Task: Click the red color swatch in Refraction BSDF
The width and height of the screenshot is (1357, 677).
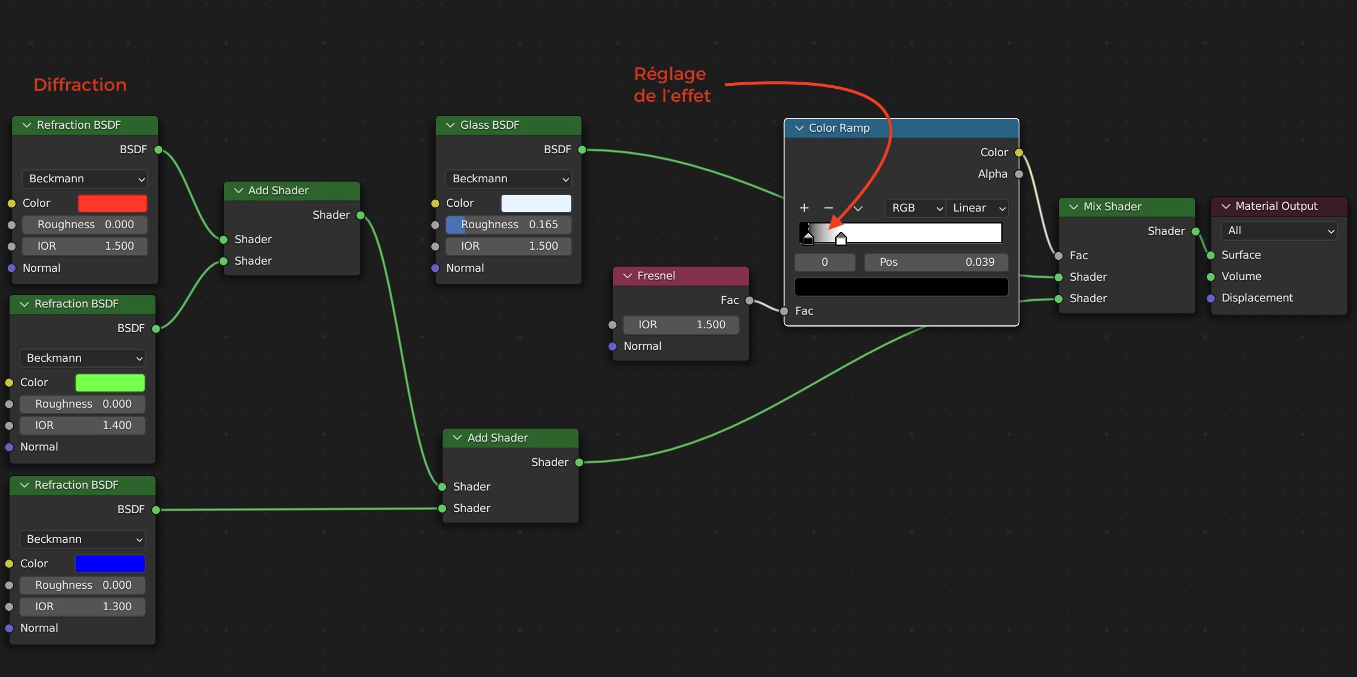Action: click(x=112, y=203)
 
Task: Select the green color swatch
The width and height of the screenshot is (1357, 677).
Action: click(x=110, y=383)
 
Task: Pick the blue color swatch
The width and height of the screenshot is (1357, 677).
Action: click(x=110, y=564)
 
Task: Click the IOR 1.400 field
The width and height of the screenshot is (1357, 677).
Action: click(x=82, y=426)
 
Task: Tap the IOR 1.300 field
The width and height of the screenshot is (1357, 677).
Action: click(x=82, y=607)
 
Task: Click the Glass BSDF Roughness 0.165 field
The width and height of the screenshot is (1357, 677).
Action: click(x=508, y=225)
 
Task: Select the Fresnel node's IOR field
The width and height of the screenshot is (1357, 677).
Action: click(x=681, y=325)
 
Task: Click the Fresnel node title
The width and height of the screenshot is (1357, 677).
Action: click(x=656, y=276)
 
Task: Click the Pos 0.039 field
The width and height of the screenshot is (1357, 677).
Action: click(x=936, y=262)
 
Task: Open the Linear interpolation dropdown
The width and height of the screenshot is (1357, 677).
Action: click(x=977, y=208)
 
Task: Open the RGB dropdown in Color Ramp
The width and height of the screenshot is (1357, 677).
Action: click(x=916, y=208)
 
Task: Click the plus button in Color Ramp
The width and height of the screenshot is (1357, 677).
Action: click(x=804, y=208)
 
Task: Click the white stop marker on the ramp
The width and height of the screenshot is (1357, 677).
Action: click(x=841, y=240)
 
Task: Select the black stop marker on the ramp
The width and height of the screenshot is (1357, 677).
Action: click(x=808, y=239)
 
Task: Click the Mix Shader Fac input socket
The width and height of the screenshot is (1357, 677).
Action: click(x=1059, y=256)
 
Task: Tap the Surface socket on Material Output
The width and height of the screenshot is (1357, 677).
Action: click(x=1210, y=255)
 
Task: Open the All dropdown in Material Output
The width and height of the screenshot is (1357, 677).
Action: click(x=1278, y=231)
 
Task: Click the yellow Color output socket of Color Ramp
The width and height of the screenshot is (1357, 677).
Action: click(x=1019, y=153)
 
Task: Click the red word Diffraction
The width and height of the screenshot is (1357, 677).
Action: click(x=80, y=85)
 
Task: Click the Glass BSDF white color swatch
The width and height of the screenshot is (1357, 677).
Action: click(x=536, y=203)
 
